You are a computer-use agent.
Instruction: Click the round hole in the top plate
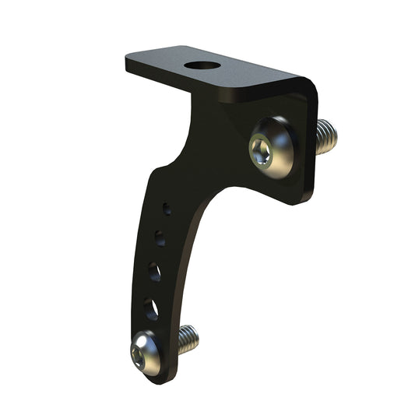[202, 64]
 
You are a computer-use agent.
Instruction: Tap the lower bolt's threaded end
[188, 337]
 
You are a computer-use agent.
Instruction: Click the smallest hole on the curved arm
[166, 209]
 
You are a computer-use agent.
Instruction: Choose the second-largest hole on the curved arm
[155, 271]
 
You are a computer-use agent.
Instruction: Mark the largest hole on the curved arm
[151, 309]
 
